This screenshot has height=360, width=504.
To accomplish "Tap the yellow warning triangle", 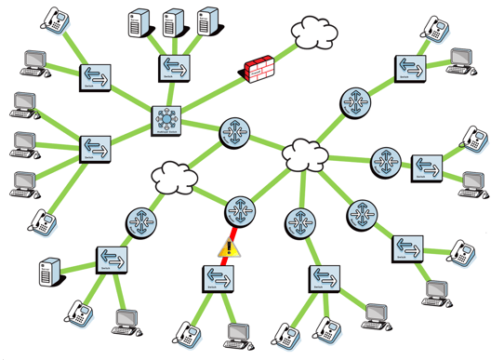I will tap(229, 247).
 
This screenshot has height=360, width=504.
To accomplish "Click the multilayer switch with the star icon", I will tap(167, 119).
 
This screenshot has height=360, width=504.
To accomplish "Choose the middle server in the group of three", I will tap(173, 22).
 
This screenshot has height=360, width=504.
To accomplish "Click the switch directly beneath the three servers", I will tap(173, 66).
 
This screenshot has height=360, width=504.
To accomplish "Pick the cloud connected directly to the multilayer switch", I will tap(168, 173).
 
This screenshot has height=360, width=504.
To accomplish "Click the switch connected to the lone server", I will tap(111, 260).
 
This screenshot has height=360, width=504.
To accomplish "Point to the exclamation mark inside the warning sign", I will tap(229, 248).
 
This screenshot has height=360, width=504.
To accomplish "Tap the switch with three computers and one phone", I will tap(95, 146).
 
